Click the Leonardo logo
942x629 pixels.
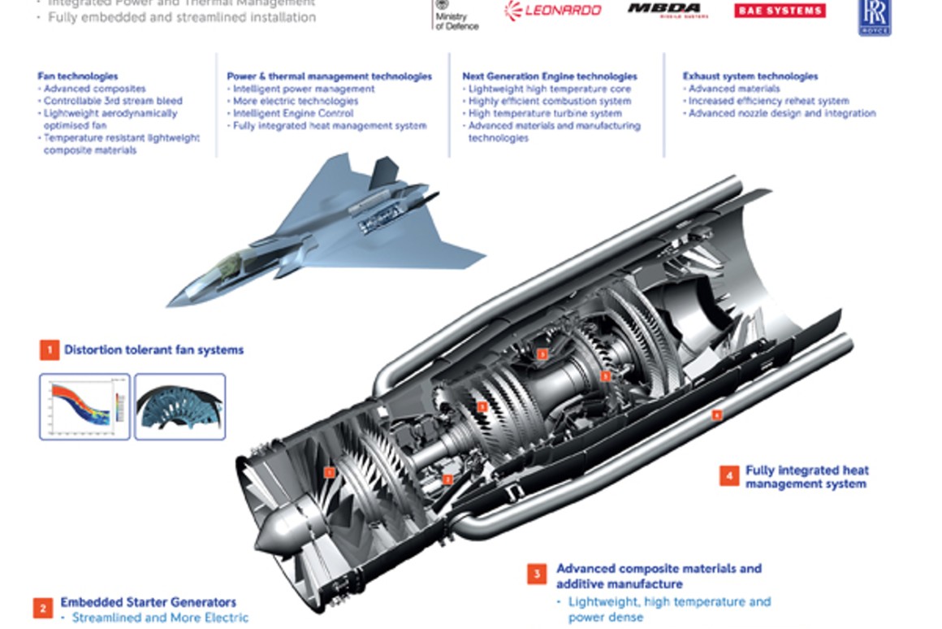point(553,11)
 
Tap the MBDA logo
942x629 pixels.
point(668,11)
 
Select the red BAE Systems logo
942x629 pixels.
point(780,11)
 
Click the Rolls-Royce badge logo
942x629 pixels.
point(875,16)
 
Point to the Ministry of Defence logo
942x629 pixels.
point(456,15)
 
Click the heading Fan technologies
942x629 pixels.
point(77,76)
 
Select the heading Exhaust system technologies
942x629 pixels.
point(750,76)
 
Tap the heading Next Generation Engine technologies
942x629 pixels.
point(550,76)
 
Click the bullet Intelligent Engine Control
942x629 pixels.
point(293,114)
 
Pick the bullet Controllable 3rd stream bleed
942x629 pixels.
point(113,101)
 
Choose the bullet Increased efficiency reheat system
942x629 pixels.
point(768,101)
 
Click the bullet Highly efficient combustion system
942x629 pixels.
point(549,101)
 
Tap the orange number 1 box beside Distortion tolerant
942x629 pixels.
point(50,350)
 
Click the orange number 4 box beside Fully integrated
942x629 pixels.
point(728,475)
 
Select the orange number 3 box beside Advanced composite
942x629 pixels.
point(536,575)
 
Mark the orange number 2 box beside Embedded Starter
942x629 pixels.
point(42,608)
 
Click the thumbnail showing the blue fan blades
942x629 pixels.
point(179,406)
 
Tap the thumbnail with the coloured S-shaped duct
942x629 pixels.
point(84,406)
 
